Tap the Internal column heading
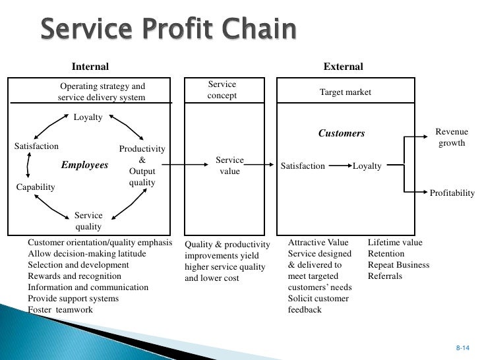point(90,67)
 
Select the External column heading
point(343,67)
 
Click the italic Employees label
point(84,165)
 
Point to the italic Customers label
point(342,133)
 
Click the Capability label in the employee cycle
point(36,187)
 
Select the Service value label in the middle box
point(229,165)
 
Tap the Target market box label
point(345,92)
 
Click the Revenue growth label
point(451,138)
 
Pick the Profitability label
point(452,193)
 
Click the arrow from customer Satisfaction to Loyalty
point(338,166)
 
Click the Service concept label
point(222,90)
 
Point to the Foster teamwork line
point(60,310)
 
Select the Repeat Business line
point(398,265)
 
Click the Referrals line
point(384,277)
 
